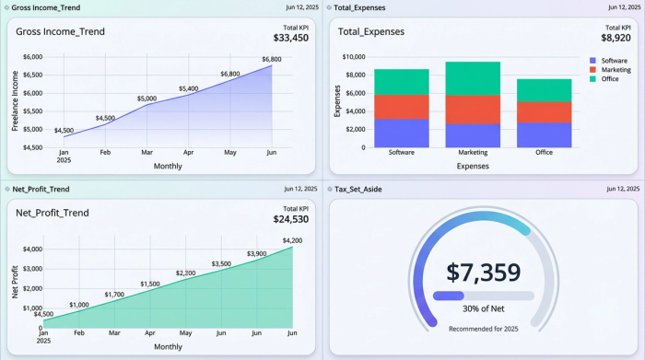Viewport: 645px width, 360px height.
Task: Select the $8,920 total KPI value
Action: coord(615,38)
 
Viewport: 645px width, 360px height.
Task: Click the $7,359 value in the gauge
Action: coord(484,273)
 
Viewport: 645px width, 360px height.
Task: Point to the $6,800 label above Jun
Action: coord(272,60)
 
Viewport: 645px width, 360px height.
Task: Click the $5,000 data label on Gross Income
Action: coord(147,99)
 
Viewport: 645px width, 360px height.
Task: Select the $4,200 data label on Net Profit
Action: coord(293,241)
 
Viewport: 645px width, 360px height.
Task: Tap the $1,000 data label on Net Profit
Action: coord(79,305)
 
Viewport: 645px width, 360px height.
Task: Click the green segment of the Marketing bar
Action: coord(473,78)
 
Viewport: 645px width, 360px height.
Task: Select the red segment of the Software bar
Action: coord(402,107)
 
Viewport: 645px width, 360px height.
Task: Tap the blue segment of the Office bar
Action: coord(544,135)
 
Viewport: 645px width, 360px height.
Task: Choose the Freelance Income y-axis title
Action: coord(16,101)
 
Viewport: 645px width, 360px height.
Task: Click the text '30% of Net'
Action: coord(484,308)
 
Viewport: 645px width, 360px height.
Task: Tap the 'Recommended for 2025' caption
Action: coord(484,328)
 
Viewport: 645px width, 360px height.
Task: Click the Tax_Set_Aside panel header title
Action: coord(358,7)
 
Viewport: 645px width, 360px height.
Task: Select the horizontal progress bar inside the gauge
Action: coord(484,296)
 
